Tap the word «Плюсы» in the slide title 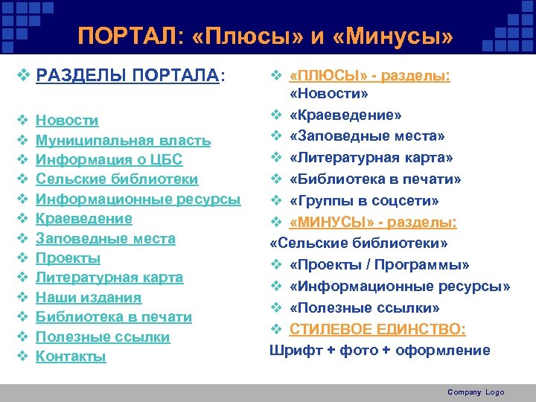[x=243, y=36]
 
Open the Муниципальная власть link [x=123, y=140]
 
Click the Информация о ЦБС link [x=109, y=160]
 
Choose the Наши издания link [x=88, y=298]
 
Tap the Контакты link [x=71, y=357]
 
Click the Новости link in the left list [x=67, y=121]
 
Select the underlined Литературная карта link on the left [x=109, y=278]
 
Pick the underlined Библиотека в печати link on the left [x=113, y=317]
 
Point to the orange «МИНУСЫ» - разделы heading [x=373, y=222]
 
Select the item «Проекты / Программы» [x=380, y=265]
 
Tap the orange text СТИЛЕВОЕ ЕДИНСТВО [x=377, y=329]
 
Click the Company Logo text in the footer [x=476, y=392]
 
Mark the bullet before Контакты [x=22, y=357]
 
